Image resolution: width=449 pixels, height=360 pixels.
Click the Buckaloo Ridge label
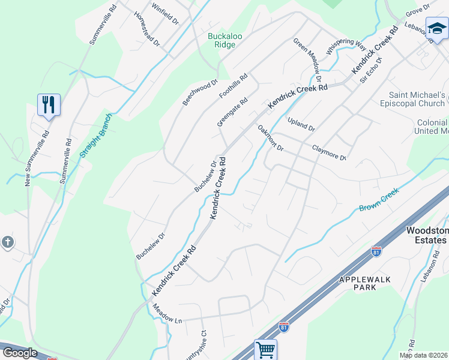225,40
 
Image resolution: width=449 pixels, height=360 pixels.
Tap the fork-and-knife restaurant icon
48,105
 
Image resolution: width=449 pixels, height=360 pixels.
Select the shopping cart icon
265,349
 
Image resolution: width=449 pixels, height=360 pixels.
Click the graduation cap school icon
436,28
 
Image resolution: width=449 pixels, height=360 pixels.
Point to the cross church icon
7,242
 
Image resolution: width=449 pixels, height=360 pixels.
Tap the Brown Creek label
379,204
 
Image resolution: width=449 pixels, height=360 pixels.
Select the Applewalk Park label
366,283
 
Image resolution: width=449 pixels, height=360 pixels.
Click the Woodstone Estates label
427,235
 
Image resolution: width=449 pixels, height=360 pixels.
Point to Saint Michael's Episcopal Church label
417,99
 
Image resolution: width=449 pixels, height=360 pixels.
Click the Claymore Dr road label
329,152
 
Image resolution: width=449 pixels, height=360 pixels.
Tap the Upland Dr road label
301,125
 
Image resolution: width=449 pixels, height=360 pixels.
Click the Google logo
20,353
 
